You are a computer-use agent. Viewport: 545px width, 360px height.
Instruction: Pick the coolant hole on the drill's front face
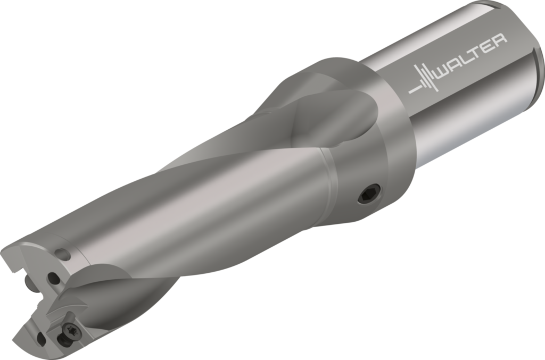click(x=54, y=277)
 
